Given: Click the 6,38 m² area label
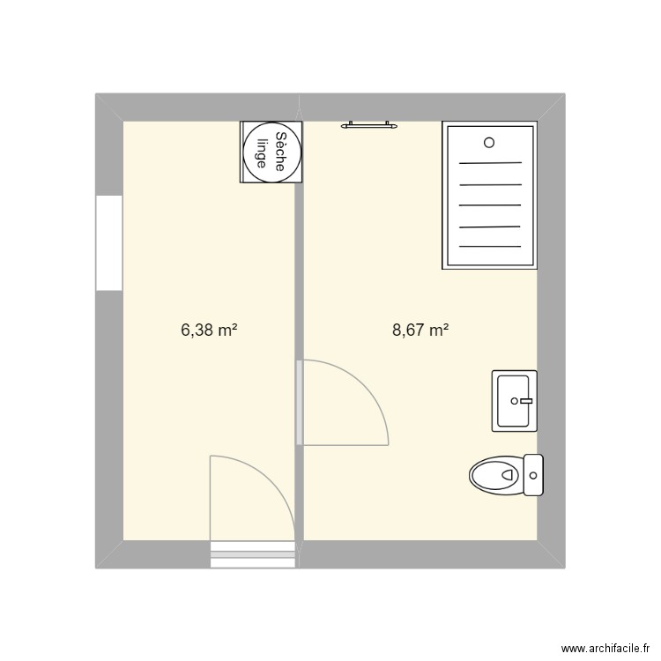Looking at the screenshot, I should click(210, 330).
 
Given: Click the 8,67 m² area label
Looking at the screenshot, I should click(420, 330).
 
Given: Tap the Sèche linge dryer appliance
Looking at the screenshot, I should click(271, 152).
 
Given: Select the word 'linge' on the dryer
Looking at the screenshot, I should click(261, 152).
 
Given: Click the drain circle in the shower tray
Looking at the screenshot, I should click(490, 142).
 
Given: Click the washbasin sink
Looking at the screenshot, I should click(514, 401).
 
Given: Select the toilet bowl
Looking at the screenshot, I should click(497, 476).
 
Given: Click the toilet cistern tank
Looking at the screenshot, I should click(532, 476).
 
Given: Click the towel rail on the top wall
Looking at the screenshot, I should click(368, 125).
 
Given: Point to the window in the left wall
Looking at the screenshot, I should click(108, 242).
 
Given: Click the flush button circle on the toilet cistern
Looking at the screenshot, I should click(533, 477).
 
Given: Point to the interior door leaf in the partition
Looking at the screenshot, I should click(300, 402).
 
